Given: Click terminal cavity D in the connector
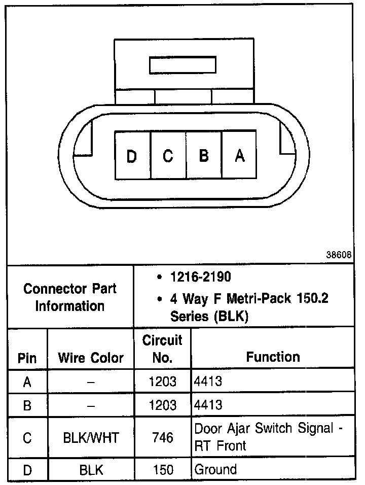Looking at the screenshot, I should (132, 156).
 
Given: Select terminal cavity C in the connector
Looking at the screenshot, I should (168, 156).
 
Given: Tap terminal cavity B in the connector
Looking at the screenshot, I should (204, 156).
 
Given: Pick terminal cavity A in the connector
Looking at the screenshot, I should (240, 156).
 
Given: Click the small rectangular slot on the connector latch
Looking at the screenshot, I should (182, 66).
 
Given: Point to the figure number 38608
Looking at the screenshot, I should (339, 255).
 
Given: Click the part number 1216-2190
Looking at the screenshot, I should (200, 278).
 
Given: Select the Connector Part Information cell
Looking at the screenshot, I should (70, 297).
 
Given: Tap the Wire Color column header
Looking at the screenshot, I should (91, 358).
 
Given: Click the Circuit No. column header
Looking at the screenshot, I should (162, 349).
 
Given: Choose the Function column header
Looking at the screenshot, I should (273, 357).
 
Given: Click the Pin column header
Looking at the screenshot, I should (27, 358).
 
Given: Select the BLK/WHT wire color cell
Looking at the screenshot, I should (91, 437).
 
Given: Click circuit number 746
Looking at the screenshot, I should (162, 437).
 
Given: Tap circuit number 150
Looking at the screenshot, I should (162, 470).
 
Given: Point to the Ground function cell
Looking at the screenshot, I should (215, 469).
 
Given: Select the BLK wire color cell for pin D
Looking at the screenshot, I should (91, 470).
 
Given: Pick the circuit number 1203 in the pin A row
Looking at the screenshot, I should (162, 381).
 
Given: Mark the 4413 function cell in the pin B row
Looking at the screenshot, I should (208, 405).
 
